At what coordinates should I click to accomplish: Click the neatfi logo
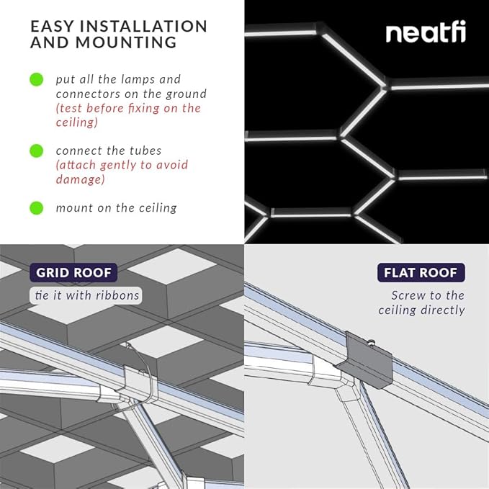(x=425, y=32)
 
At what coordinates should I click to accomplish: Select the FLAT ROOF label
(x=421, y=273)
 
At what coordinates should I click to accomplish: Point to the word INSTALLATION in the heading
(x=136, y=27)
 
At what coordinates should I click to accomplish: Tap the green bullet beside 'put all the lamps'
(x=36, y=79)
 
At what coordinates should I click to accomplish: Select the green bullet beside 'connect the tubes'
(x=36, y=151)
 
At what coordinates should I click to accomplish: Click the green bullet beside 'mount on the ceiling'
(x=36, y=208)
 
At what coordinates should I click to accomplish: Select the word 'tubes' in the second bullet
(x=152, y=151)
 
